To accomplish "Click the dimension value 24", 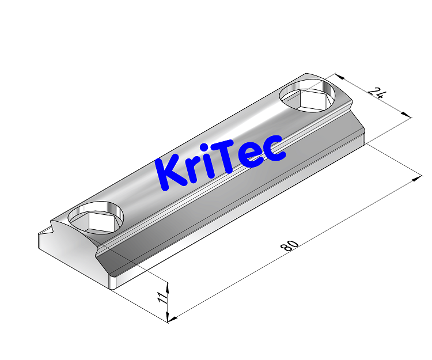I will point(378,94).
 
